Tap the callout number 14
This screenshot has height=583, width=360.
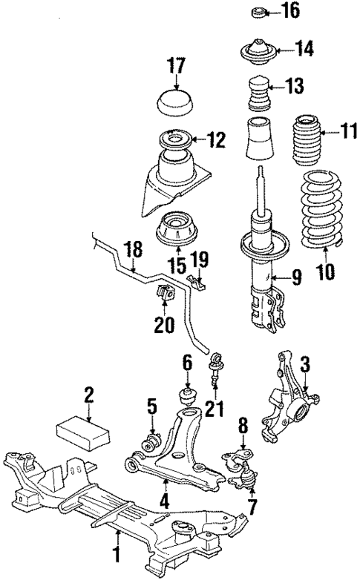[305, 49]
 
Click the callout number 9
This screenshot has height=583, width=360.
[295, 278]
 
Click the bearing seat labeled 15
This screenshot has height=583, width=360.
[176, 229]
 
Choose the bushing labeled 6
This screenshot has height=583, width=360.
[186, 395]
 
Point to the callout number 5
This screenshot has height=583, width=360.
[152, 406]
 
